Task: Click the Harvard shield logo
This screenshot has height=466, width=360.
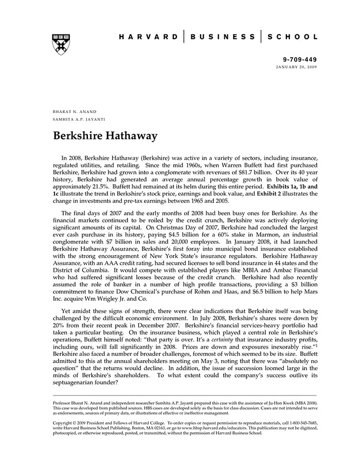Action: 61,45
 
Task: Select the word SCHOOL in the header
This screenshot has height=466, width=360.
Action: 293,37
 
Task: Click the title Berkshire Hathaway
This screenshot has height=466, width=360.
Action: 105,136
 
